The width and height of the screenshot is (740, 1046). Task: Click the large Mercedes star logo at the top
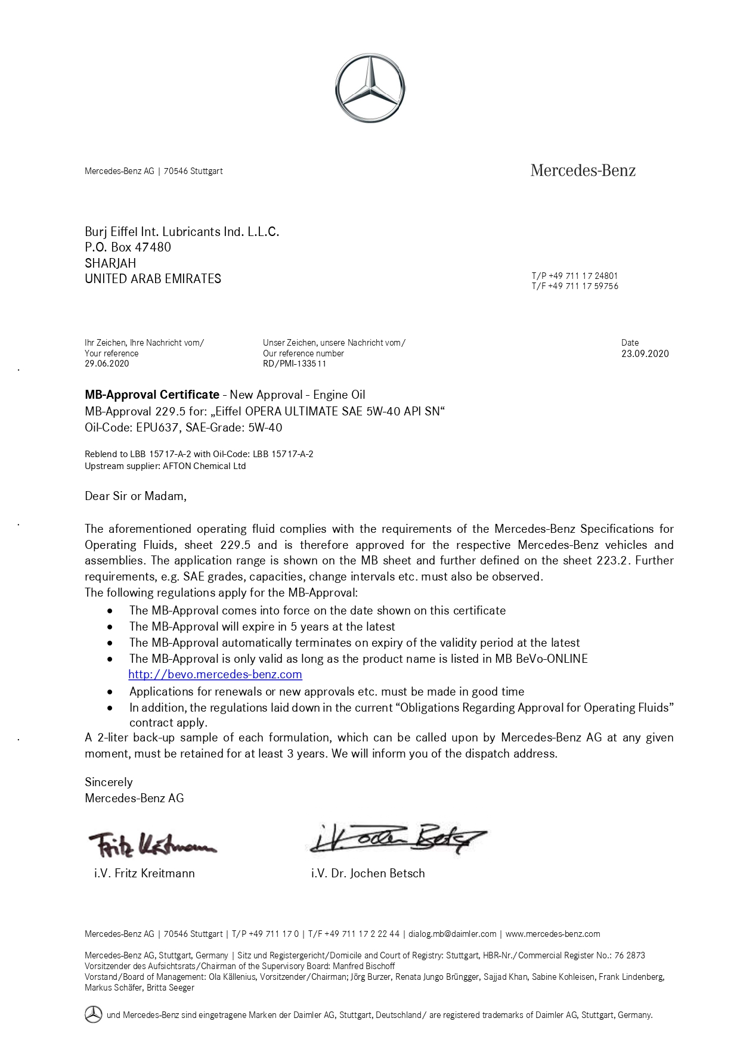tap(370, 88)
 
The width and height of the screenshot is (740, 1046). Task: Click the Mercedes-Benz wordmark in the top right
tap(583, 171)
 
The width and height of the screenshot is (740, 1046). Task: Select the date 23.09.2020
tap(645, 353)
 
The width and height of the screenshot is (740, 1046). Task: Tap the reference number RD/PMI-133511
tap(295, 364)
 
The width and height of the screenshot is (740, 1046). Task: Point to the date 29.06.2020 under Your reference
tap(107, 364)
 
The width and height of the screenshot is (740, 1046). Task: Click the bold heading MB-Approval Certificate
tap(152, 395)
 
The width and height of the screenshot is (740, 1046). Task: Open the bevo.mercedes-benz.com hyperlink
tap(215, 674)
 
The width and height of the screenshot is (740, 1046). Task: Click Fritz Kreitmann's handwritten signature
tap(152, 844)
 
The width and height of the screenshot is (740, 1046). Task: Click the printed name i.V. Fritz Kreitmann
tap(144, 873)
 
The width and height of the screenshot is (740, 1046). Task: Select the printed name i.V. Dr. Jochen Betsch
tap(368, 873)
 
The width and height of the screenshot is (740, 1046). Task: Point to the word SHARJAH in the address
tap(110, 263)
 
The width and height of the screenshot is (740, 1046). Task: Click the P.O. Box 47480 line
tap(128, 247)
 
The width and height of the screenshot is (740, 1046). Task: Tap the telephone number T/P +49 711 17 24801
tap(575, 276)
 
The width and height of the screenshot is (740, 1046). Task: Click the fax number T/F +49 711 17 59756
tap(575, 286)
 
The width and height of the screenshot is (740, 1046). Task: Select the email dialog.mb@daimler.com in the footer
tap(452, 934)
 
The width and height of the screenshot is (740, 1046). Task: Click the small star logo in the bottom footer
tap(93, 1014)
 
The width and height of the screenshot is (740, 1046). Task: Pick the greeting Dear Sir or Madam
tap(135, 496)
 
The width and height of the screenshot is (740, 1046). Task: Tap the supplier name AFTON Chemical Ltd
tap(204, 466)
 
